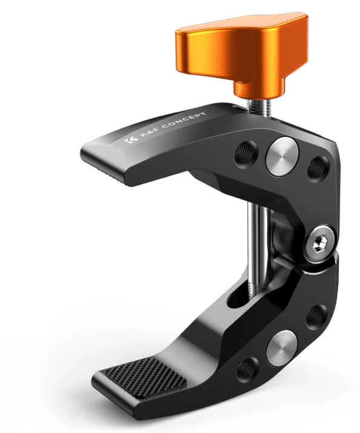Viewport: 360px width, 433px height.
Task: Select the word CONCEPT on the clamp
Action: (x=183, y=121)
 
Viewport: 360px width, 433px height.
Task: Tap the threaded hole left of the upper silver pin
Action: (x=245, y=153)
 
